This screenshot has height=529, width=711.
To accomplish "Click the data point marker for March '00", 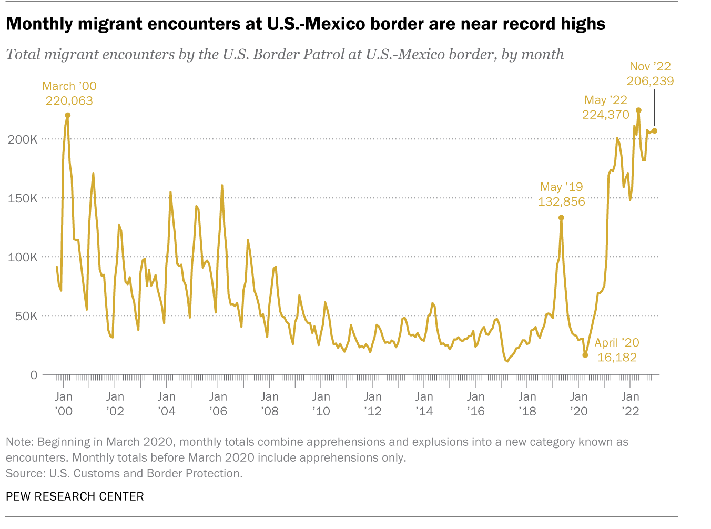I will (68, 115).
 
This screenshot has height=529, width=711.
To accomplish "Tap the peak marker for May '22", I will (638, 110).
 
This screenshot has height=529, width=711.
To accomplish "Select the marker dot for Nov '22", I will (655, 130).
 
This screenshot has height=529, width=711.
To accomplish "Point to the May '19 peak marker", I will (561, 218).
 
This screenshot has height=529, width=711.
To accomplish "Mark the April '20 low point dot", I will (585, 355).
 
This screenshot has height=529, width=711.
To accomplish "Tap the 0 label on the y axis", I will (34, 375).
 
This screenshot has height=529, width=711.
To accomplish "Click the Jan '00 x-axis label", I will (64, 404).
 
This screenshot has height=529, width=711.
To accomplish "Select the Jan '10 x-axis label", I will (321, 404).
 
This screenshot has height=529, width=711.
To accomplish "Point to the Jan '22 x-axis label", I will (631, 404).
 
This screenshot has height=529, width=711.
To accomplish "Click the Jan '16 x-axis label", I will (476, 404).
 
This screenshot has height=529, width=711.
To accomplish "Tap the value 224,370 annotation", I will (606, 115).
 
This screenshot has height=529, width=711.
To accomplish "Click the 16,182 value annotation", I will (617, 358).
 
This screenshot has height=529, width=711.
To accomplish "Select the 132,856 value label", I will (562, 202).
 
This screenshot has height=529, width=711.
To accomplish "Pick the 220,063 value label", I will (69, 101).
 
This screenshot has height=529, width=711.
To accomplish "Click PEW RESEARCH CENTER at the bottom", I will (75, 496).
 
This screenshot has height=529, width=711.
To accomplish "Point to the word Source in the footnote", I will (24, 473).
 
